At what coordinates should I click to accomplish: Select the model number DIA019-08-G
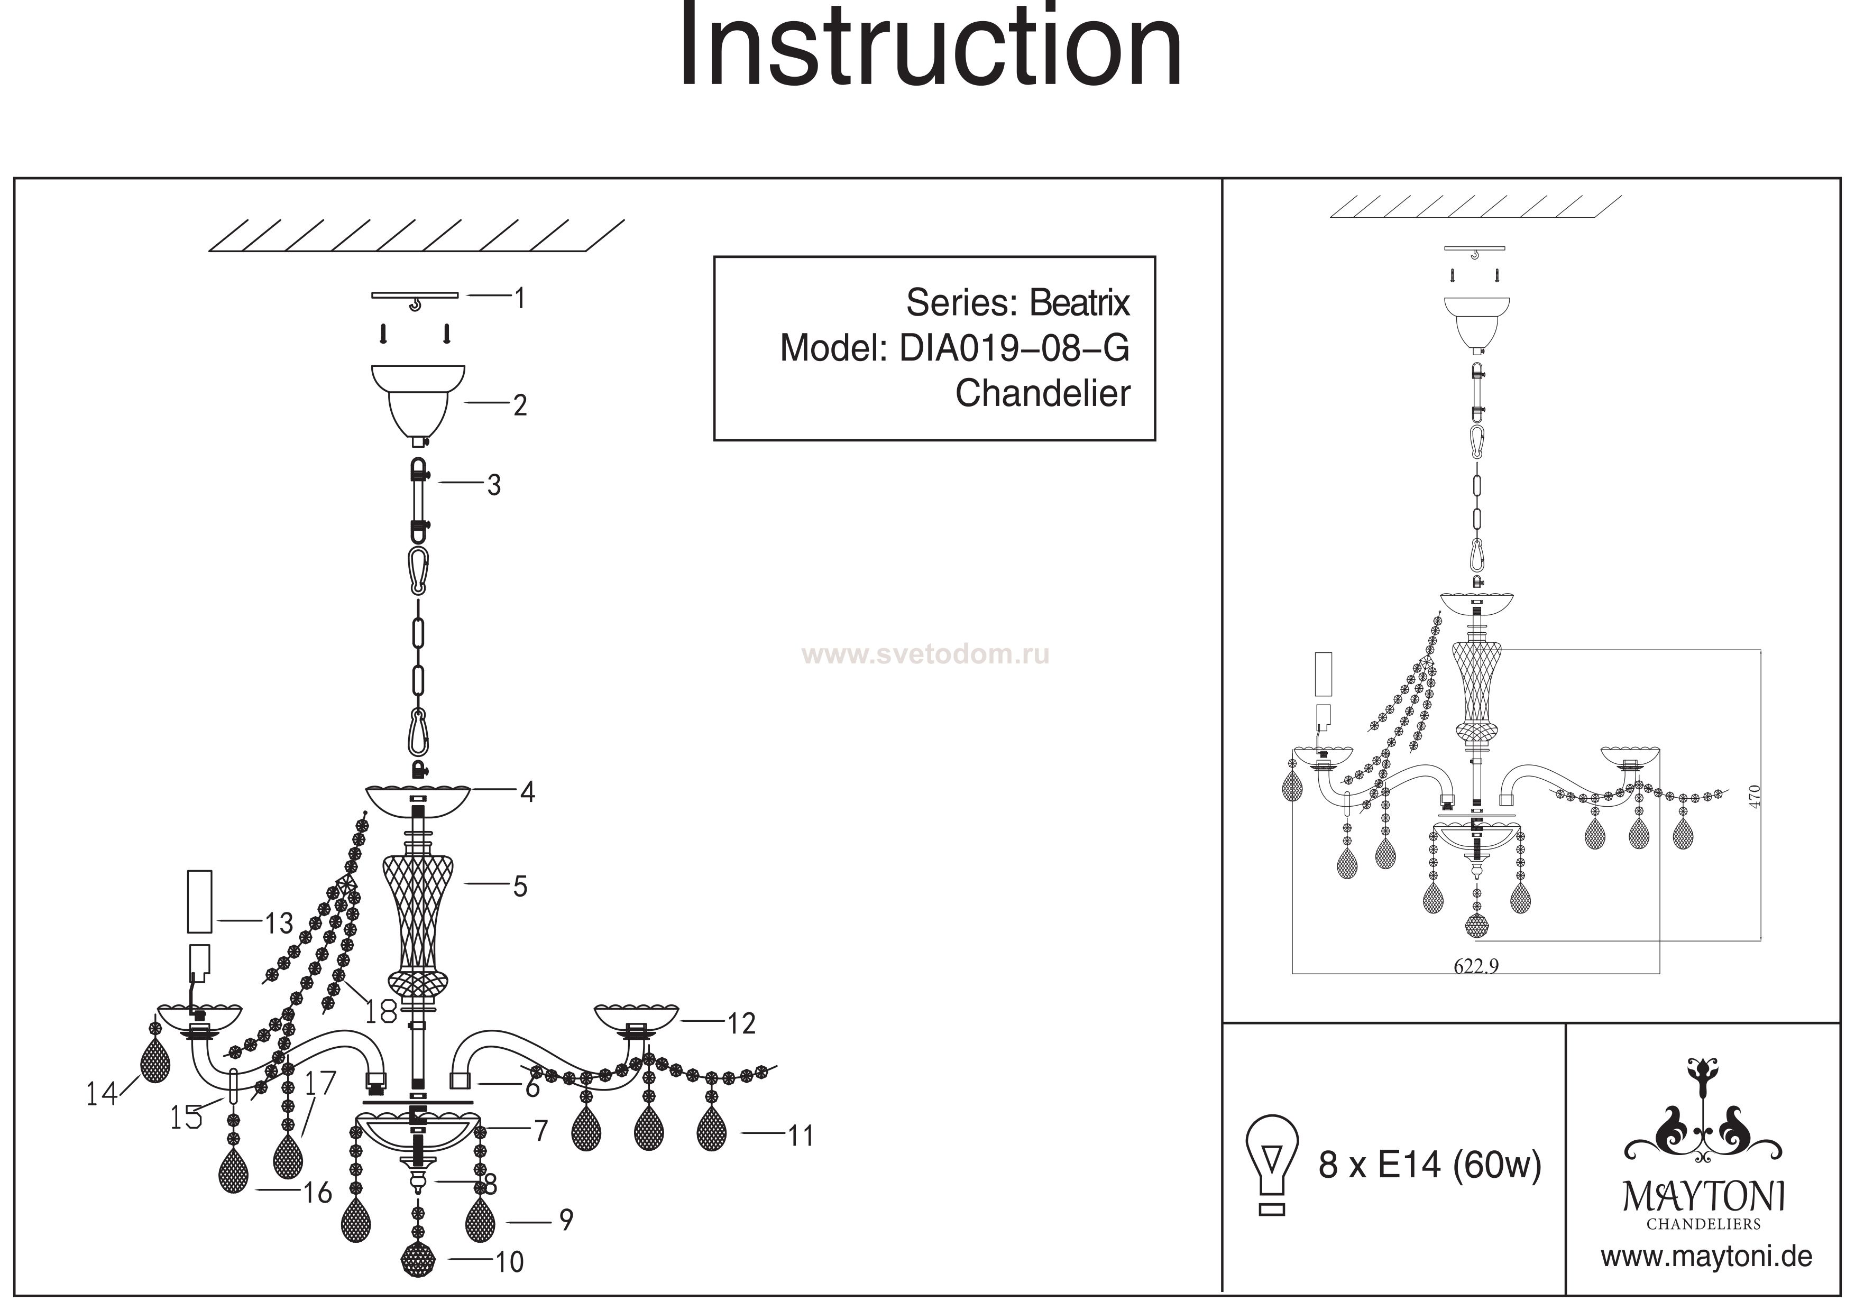tap(1014, 348)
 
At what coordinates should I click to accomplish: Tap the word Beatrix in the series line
tap(1079, 303)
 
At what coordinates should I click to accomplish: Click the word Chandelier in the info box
tap(1042, 393)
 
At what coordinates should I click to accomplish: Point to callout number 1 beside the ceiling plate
tap(520, 298)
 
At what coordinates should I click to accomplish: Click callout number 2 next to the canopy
tap(520, 405)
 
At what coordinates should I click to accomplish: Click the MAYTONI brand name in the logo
tap(1703, 1197)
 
